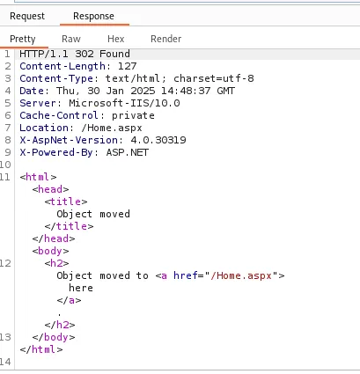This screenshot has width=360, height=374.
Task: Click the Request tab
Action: click(x=27, y=16)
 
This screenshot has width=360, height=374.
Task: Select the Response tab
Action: click(x=93, y=16)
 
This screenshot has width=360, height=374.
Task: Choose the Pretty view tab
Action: click(x=23, y=39)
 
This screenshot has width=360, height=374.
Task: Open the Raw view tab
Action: click(x=71, y=39)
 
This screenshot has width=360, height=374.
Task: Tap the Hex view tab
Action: click(x=116, y=39)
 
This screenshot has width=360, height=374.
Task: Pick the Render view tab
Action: click(x=166, y=39)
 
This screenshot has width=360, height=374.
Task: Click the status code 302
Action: click(x=84, y=54)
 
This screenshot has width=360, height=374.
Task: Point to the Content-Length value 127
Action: click(x=128, y=66)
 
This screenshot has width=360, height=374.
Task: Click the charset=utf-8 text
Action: click(x=214, y=78)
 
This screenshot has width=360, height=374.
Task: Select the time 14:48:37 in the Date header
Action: click(x=186, y=91)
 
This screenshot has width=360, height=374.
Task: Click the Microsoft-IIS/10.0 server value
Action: click(x=124, y=103)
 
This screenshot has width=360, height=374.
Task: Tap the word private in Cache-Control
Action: click(x=133, y=115)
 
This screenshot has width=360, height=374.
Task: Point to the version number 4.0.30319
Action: click(x=158, y=140)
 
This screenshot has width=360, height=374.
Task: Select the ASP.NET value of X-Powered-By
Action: click(x=128, y=152)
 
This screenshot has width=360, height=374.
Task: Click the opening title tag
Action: click(x=66, y=202)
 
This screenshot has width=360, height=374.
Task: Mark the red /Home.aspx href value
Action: click(x=241, y=275)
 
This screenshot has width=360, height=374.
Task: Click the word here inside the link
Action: click(x=81, y=288)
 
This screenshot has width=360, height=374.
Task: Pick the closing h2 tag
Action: click(x=60, y=325)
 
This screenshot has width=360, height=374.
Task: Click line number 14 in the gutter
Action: click(x=5, y=362)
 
